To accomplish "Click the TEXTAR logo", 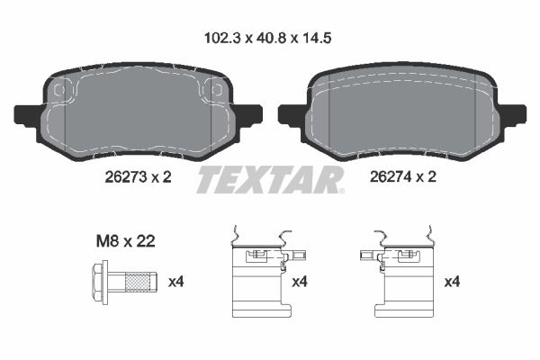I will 270,179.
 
